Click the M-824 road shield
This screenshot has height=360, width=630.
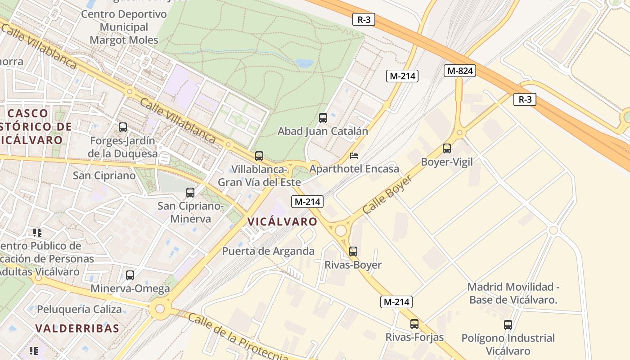click(459, 71)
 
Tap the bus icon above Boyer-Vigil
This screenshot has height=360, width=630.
click(446, 148)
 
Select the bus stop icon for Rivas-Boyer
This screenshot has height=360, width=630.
click(353, 251)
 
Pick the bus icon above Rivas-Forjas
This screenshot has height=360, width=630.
click(414, 324)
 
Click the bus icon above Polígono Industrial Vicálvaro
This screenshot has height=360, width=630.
click(508, 324)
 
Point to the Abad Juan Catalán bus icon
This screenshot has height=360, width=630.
click(323, 118)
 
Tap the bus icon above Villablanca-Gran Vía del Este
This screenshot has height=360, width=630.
click(259, 156)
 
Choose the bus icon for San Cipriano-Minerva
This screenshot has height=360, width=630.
click(190, 193)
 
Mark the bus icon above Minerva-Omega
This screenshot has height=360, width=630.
click(130, 275)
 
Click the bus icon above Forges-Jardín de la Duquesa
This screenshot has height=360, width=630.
click(123, 127)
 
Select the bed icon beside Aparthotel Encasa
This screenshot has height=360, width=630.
click(354, 156)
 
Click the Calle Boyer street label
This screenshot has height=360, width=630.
click(387, 194)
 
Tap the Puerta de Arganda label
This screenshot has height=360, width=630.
click(268, 251)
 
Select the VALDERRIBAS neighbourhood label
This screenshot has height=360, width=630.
click(77, 328)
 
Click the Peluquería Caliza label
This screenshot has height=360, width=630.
click(79, 310)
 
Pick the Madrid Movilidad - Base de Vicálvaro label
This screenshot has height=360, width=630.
click(513, 293)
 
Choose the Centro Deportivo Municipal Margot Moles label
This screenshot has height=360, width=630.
click(124, 27)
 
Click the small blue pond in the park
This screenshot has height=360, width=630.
click(305, 63)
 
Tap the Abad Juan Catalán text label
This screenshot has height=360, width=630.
click(323, 131)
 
